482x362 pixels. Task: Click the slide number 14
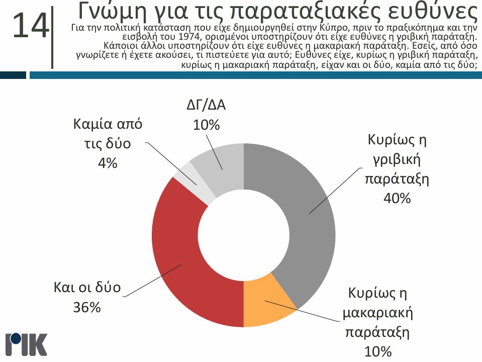click(31, 26)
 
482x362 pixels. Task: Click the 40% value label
click(397, 199)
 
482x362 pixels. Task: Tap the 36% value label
click(87, 307)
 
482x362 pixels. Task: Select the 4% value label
click(108, 163)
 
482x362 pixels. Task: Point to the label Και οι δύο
click(87, 288)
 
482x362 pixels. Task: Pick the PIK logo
click(26, 344)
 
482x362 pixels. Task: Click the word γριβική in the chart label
click(397, 160)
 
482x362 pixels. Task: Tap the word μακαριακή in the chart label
click(377, 314)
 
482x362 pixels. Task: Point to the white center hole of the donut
click(243, 235)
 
